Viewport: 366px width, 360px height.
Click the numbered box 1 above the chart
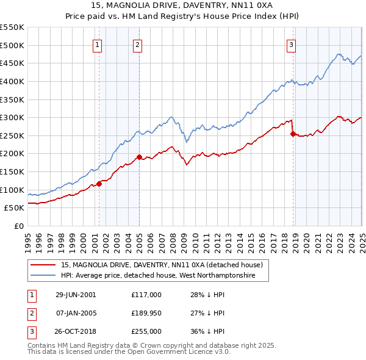point(98,44)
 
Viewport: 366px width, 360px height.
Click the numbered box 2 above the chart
point(137,44)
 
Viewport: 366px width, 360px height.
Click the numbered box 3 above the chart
point(291,44)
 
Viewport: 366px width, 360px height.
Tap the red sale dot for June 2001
point(99,184)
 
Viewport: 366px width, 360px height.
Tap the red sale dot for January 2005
point(139,157)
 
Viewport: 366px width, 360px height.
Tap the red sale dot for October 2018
point(293,134)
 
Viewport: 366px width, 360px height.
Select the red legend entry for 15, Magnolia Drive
point(162,265)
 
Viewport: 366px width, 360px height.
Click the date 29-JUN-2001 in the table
point(76,295)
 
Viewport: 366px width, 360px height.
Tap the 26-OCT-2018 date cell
point(76,331)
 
